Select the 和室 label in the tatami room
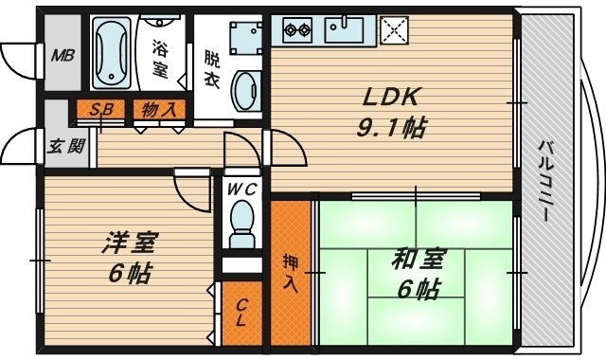418,259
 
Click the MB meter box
62,54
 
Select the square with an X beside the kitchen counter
393,30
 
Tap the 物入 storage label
159,109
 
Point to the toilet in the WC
243,226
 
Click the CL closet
242,313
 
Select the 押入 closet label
292,269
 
